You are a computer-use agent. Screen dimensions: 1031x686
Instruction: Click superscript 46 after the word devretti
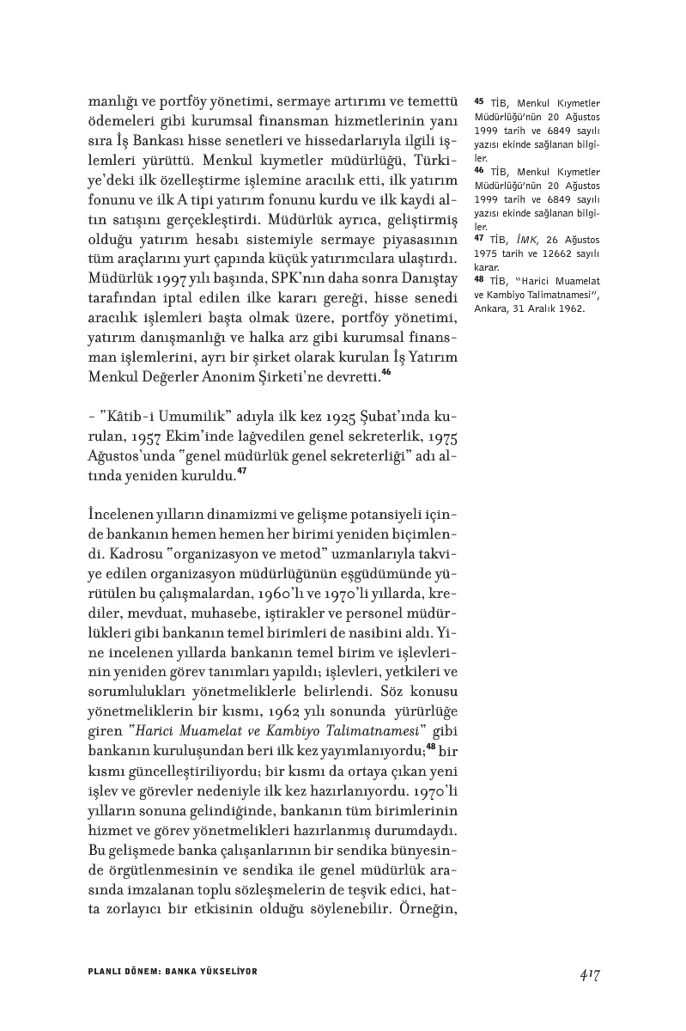pyautogui.click(x=386, y=372)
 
